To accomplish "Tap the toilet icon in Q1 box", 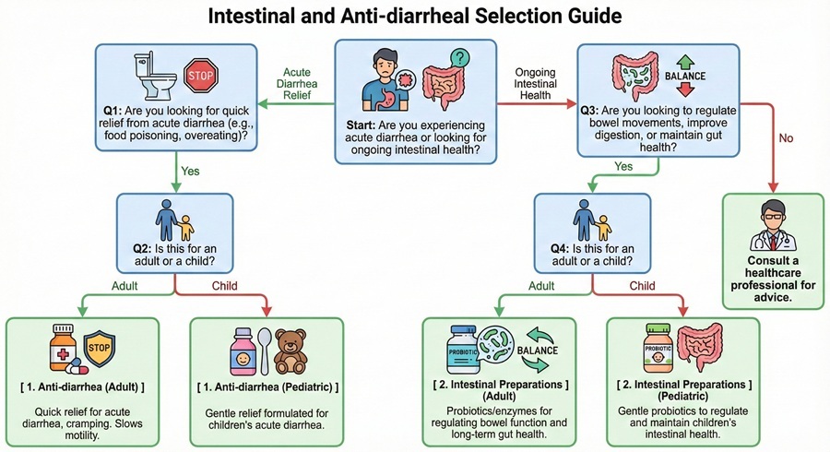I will pos(149,77).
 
